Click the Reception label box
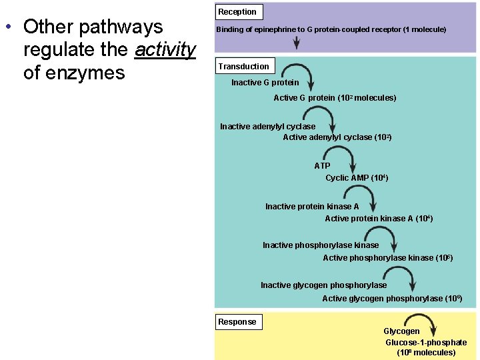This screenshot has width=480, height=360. tap(237, 12)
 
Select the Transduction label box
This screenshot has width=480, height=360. tap(243, 66)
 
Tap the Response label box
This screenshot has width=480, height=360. tap(237, 322)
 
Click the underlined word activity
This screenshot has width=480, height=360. tap(165, 49)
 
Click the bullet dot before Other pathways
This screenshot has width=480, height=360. tap(7, 27)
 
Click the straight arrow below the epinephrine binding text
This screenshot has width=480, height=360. tap(297, 43)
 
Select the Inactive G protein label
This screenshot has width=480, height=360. tap(265, 83)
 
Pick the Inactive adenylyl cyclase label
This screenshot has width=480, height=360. tap(267, 127)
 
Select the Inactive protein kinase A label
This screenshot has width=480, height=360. tap(311, 207)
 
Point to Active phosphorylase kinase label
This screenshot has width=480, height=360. tap(387, 258)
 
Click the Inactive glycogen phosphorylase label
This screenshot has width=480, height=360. tap(323, 285)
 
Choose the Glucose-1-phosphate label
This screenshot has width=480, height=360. tap(426, 343)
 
